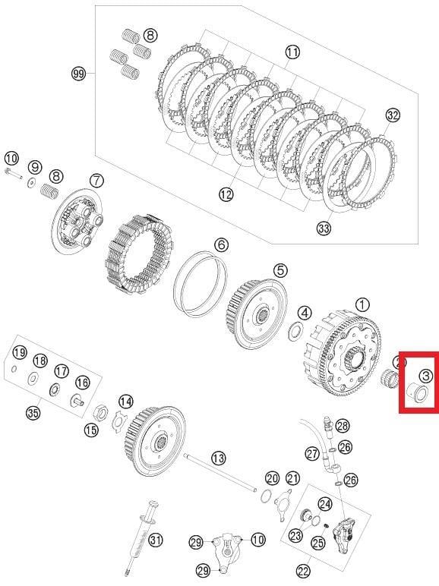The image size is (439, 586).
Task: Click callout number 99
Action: pyautogui.click(x=77, y=74)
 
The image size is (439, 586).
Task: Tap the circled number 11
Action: pyautogui.click(x=292, y=52)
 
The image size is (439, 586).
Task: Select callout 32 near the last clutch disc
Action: pyautogui.click(x=392, y=115)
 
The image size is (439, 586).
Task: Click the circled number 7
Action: pyautogui.click(x=96, y=181)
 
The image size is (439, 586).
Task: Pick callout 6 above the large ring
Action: pyautogui.click(x=220, y=245)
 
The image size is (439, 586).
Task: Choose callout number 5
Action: pyautogui.click(x=280, y=269)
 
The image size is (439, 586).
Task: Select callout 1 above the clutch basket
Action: pyautogui.click(x=363, y=304)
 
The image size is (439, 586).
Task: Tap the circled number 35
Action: pyautogui.click(x=33, y=413)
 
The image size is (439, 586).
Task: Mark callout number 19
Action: pyautogui.click(x=19, y=352)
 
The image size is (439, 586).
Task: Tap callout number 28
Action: pyautogui.click(x=343, y=425)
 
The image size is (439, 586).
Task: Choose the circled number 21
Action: pyautogui.click(x=293, y=477)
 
